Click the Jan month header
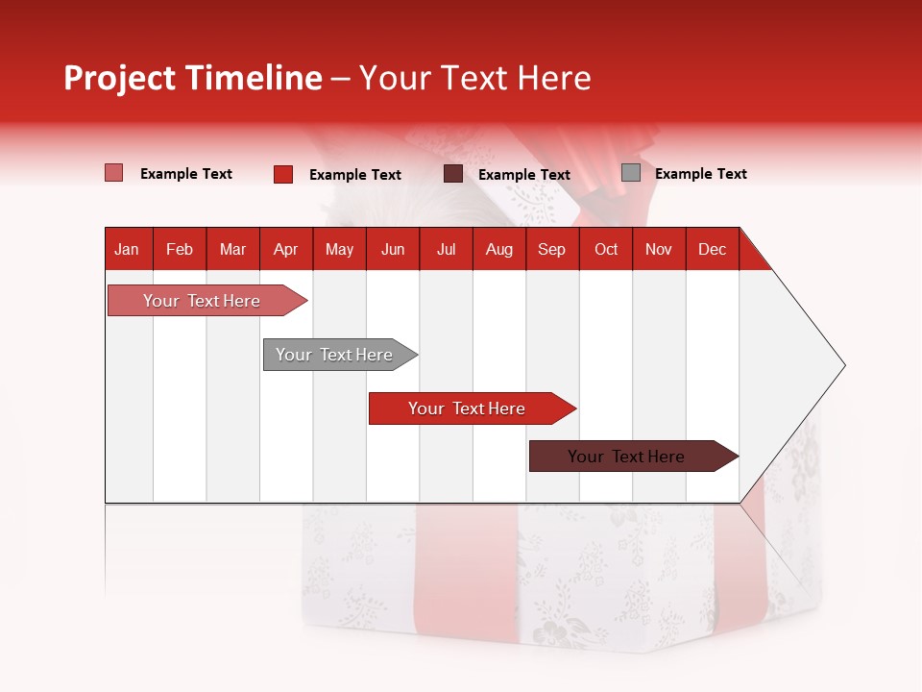point(127,249)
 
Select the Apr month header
point(285,249)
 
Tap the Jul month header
point(446,249)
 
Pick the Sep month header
point(551,249)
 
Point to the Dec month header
point(712,249)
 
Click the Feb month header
point(180,249)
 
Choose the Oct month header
point(606,249)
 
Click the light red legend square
point(113,173)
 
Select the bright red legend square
point(283,174)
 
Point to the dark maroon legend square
point(453,174)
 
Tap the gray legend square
point(630,173)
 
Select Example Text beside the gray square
point(700,174)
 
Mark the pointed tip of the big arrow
point(843,365)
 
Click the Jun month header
point(393,249)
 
